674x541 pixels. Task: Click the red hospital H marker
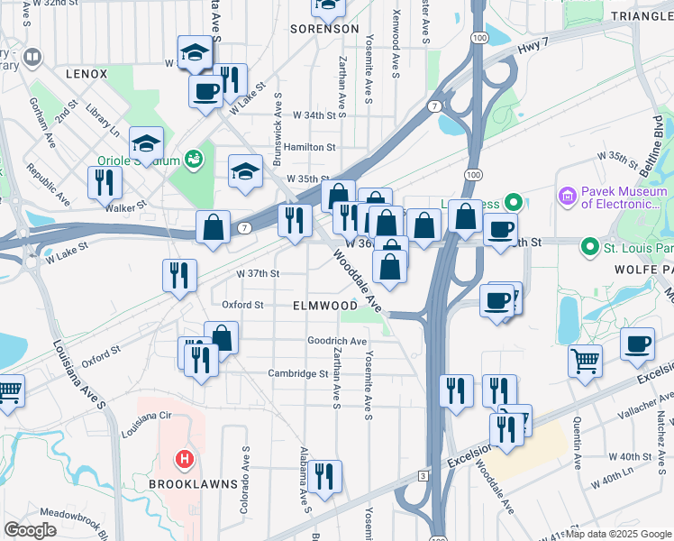pyautogui.click(x=184, y=460)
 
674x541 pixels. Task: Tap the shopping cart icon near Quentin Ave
pyautogui.click(x=585, y=361)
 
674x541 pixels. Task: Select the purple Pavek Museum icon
pyautogui.click(x=567, y=195)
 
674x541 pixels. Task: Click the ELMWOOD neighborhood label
pyautogui.click(x=325, y=307)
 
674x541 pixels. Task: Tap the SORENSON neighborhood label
pyautogui.click(x=325, y=29)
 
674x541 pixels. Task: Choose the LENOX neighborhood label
pyautogui.click(x=87, y=74)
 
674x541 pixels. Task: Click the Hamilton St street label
pyautogui.click(x=310, y=147)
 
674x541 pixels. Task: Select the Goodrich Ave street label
pyautogui.click(x=337, y=342)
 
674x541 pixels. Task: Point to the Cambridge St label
pyautogui.click(x=297, y=373)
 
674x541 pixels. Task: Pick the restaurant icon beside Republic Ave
pyautogui.click(x=105, y=182)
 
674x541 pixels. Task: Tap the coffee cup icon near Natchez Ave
pyautogui.click(x=638, y=344)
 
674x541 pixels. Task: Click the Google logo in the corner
pyautogui.click(x=30, y=530)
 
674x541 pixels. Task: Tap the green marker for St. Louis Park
pyautogui.click(x=589, y=246)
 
